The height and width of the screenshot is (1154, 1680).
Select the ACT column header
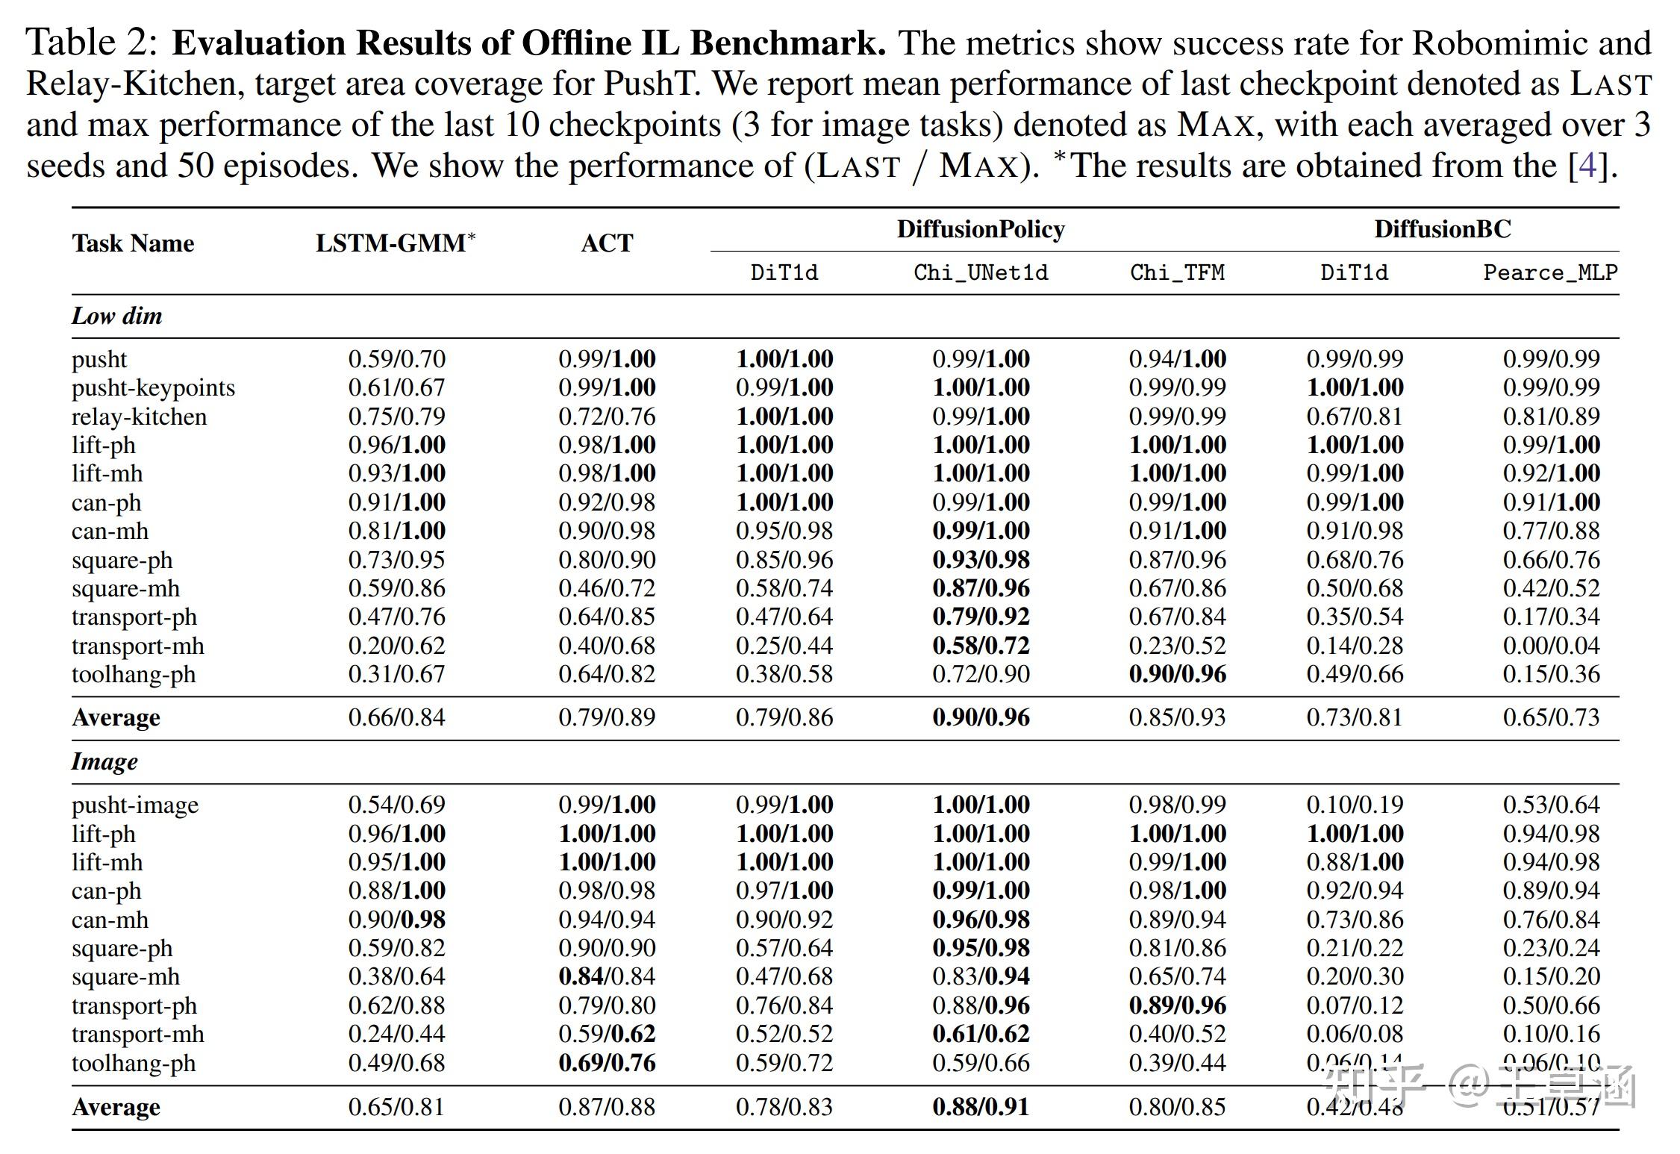(x=607, y=243)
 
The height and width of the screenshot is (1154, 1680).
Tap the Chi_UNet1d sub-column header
(x=981, y=272)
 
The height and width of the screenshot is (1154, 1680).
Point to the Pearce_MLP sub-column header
(x=1550, y=272)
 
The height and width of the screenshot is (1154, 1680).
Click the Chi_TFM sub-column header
(x=1177, y=272)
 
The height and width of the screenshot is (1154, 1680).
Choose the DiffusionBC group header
(x=1442, y=229)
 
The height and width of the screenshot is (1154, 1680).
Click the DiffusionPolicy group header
(x=981, y=229)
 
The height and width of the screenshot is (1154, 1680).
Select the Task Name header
(x=133, y=243)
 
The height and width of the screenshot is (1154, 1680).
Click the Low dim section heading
(x=116, y=316)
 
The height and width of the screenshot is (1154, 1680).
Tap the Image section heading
(x=104, y=761)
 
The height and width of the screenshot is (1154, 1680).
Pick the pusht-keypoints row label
(x=153, y=387)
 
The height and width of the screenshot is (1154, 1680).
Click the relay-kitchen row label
(x=139, y=417)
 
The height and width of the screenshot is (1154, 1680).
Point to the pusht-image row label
(x=135, y=805)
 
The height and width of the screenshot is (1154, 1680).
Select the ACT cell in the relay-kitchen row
(x=607, y=417)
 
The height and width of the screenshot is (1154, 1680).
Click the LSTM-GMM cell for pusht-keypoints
(x=396, y=387)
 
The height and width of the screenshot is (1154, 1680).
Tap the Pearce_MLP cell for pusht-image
(x=1551, y=805)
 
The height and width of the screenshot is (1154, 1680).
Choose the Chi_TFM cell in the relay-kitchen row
(x=1177, y=417)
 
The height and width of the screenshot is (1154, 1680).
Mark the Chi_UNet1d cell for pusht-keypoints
(x=981, y=387)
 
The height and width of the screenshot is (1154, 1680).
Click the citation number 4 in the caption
(x=1587, y=166)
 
